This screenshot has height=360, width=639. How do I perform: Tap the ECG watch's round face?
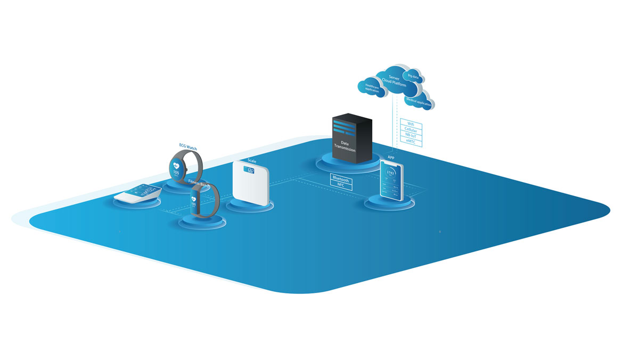click(177, 169)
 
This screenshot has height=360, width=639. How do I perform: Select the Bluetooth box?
click(341, 180)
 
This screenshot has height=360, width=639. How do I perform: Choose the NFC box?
click(341, 186)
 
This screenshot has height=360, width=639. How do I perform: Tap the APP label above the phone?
click(391, 158)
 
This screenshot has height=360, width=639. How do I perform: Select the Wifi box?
click(411, 124)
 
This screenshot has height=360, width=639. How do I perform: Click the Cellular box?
click(411, 130)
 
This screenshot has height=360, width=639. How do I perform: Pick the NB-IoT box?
click(411, 136)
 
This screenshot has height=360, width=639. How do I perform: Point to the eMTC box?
click(411, 142)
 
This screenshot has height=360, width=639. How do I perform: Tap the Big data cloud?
click(413, 76)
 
